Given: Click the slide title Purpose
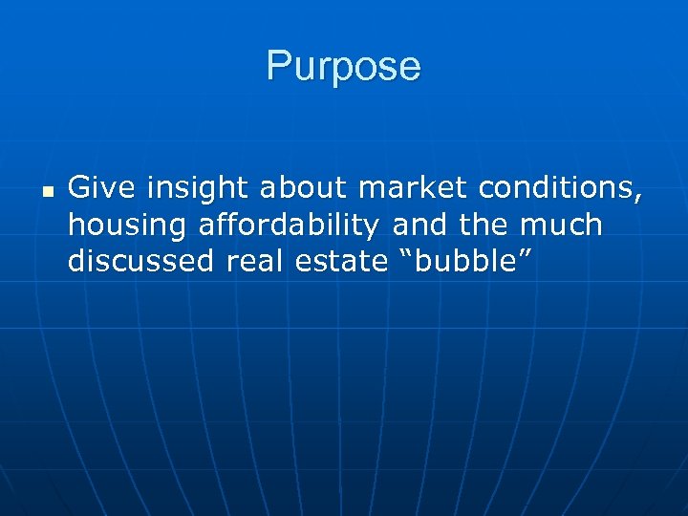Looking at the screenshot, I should pyautogui.click(x=343, y=67).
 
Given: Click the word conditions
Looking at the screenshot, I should pyautogui.click(x=554, y=189).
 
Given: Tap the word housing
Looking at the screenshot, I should pyautogui.click(x=128, y=226).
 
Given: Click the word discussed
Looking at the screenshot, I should pyautogui.click(x=141, y=261).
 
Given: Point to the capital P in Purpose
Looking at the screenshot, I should pyautogui.click(x=279, y=67).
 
